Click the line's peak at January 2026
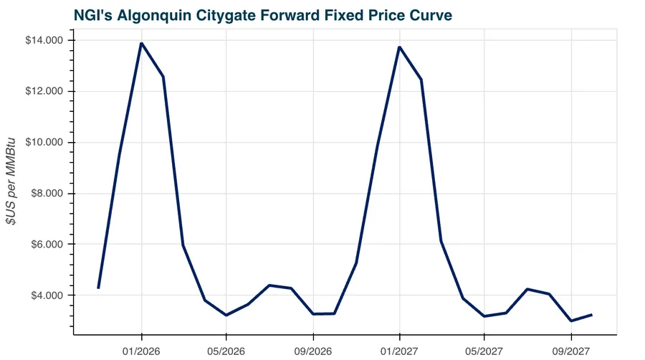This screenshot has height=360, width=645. coord(141,43)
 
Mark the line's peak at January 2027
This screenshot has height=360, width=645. coord(399,47)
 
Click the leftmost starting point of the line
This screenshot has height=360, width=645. coord(98,288)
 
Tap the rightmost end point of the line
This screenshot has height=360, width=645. coord(591,314)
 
